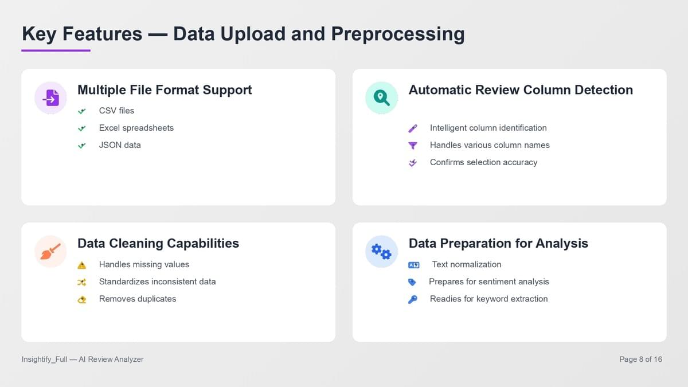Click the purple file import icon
[x=51, y=98]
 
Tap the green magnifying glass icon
[x=381, y=98]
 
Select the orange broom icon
[x=50, y=252]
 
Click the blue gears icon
[x=381, y=252]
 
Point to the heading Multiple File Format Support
[x=165, y=90]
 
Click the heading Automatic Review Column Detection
[x=521, y=90]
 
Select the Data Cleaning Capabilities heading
[x=158, y=243]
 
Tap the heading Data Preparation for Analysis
[x=498, y=243]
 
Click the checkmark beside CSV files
[x=81, y=111]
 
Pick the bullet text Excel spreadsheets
[x=136, y=128]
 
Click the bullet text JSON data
[x=120, y=145]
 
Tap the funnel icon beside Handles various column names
[x=413, y=145]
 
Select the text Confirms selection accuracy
[x=483, y=162]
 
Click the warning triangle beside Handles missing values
[x=81, y=265]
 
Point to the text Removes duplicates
[x=138, y=299]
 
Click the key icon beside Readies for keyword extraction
[x=412, y=299]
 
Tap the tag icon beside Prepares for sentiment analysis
[x=412, y=282]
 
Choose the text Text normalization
[x=467, y=264]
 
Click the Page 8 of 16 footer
[x=641, y=359]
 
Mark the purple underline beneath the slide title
[x=56, y=50]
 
